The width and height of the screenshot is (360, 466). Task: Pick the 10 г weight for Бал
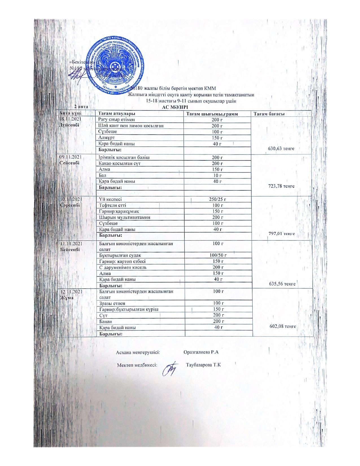click(x=217, y=175)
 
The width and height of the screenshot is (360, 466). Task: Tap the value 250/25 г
click(x=217, y=199)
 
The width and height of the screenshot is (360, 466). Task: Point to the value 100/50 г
click(x=218, y=255)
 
